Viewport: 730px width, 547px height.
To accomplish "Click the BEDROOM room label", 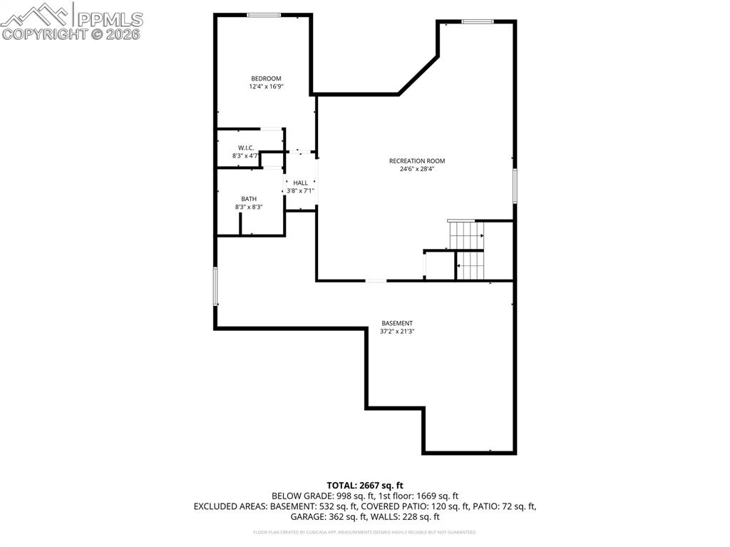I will coord(266,78).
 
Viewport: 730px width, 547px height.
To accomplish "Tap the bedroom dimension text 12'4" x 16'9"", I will coord(266,87).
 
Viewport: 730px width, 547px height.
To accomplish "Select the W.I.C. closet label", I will coord(246,148).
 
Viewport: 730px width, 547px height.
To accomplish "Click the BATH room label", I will coord(249,199).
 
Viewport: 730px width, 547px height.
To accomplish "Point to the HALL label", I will coord(301,183).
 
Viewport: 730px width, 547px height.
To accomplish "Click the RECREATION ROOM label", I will coord(417,161).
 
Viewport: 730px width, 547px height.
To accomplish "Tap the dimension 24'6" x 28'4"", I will coord(417,170).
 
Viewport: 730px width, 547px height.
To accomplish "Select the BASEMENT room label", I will coord(397,323).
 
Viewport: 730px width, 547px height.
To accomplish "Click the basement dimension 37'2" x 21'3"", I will coord(397,332).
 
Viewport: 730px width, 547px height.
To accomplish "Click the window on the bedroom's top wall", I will coord(264,14).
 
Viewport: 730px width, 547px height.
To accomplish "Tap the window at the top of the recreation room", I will coord(478,21).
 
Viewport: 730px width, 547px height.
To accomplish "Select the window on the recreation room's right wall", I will coord(515,186).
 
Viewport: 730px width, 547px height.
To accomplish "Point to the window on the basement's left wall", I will coord(215,287).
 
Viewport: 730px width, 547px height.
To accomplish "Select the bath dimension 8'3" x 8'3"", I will coord(249,208).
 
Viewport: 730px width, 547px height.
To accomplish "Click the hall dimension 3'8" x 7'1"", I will coord(301,191).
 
